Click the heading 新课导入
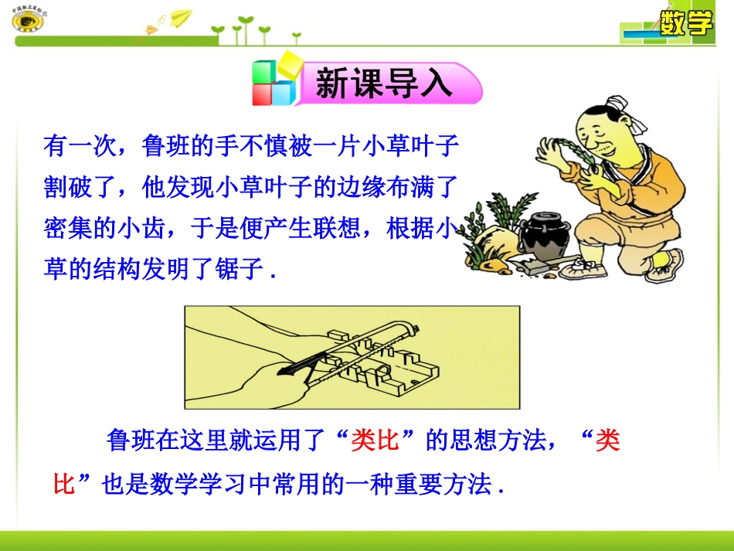coord(384,84)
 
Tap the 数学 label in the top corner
coord(685,24)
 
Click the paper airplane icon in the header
coord(179,19)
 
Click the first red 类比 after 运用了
coord(374,441)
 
